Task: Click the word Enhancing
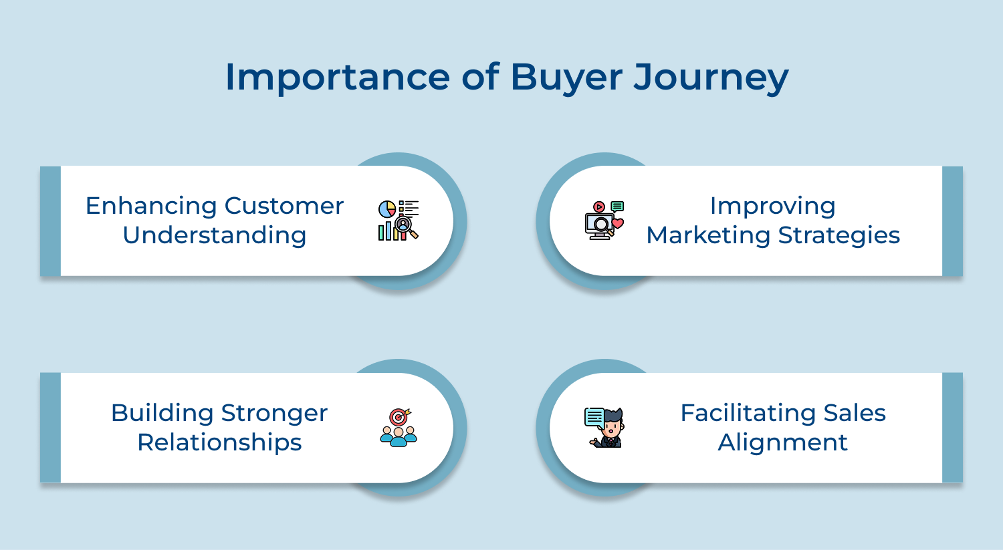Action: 152,206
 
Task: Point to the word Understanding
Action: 215,235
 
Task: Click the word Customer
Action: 284,206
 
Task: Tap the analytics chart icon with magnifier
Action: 399,220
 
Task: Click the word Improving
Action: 772,206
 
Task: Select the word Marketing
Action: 708,235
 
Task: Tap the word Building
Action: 162,413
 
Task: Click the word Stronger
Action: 274,413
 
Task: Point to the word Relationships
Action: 219,442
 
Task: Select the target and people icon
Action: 399,427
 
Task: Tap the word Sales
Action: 855,413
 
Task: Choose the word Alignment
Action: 783,442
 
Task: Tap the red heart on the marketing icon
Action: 618,223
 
